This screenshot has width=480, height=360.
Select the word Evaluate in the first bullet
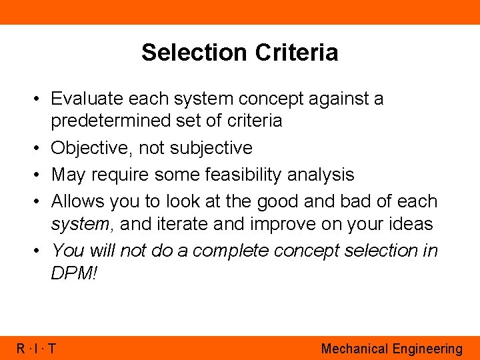(x=87, y=99)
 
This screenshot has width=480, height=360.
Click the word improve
(x=283, y=224)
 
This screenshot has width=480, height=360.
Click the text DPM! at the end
(x=73, y=273)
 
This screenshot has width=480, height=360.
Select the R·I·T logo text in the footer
(x=37, y=349)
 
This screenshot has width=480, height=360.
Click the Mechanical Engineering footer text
(x=391, y=349)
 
